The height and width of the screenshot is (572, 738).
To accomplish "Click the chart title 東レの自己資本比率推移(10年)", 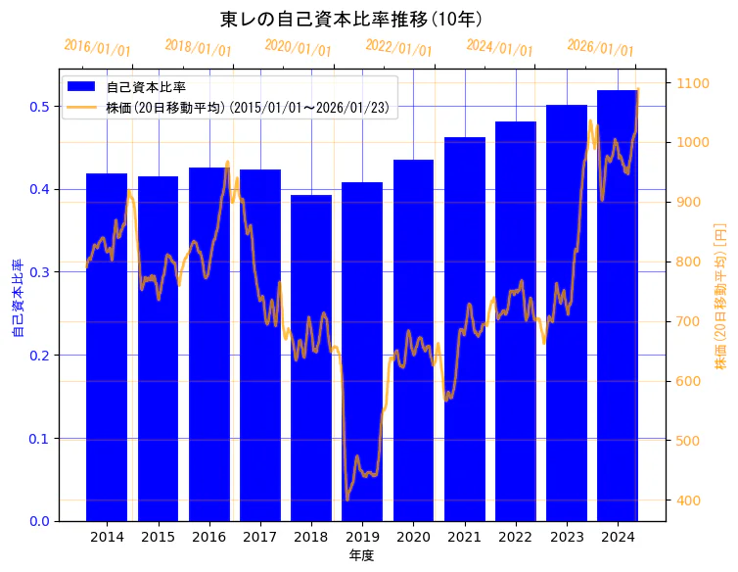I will click(x=350, y=20).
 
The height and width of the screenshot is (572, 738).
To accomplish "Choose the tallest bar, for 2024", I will click(x=618, y=305).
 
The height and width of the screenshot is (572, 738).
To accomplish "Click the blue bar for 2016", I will click(x=208, y=344).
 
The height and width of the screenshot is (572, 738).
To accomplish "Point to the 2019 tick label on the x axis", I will click(x=362, y=537).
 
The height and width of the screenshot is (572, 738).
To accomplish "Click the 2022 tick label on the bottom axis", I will click(x=516, y=537).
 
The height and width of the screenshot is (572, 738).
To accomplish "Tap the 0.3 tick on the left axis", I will click(x=40, y=272).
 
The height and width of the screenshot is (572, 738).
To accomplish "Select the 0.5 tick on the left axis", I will click(x=40, y=107).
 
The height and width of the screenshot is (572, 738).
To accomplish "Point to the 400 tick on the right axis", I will click(x=687, y=500).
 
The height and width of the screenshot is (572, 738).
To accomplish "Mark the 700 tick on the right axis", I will click(x=687, y=321).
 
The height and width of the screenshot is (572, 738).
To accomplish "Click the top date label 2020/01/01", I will click(x=299, y=48).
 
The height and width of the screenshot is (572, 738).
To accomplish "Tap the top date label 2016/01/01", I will click(x=97, y=48).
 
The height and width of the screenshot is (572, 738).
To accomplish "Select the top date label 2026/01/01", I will click(x=600, y=48).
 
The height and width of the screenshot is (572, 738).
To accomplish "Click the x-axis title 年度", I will click(x=361, y=555).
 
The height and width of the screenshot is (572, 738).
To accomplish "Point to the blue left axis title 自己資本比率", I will click(x=18, y=299).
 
